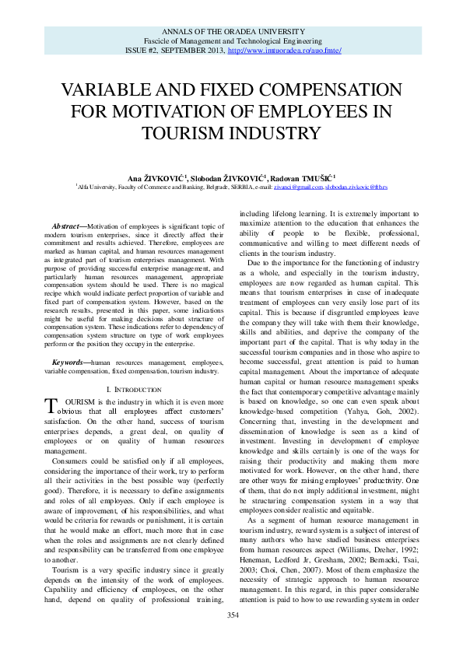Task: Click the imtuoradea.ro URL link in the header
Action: point(284,50)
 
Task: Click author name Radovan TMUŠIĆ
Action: point(313,178)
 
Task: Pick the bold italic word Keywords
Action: point(68,363)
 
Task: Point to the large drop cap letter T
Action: point(51,404)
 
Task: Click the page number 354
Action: point(232,637)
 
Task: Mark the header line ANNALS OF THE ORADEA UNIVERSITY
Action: point(232,30)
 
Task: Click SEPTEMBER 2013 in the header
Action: point(195,50)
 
